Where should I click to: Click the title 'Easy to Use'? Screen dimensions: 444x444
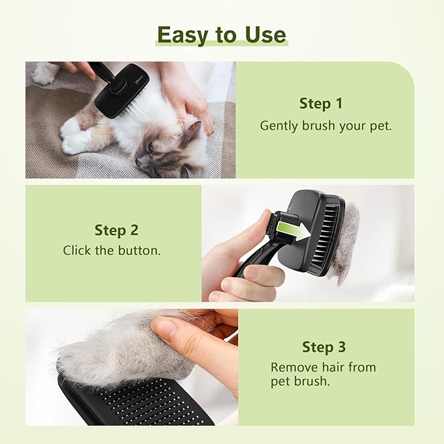(x=222, y=34)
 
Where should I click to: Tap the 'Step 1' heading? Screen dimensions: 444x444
(x=320, y=103)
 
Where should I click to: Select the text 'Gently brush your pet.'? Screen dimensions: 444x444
(x=326, y=126)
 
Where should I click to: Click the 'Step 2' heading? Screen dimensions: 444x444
(x=116, y=230)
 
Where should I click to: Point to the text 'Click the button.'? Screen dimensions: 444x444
(x=111, y=250)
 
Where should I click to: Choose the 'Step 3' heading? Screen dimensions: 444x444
(x=323, y=347)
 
